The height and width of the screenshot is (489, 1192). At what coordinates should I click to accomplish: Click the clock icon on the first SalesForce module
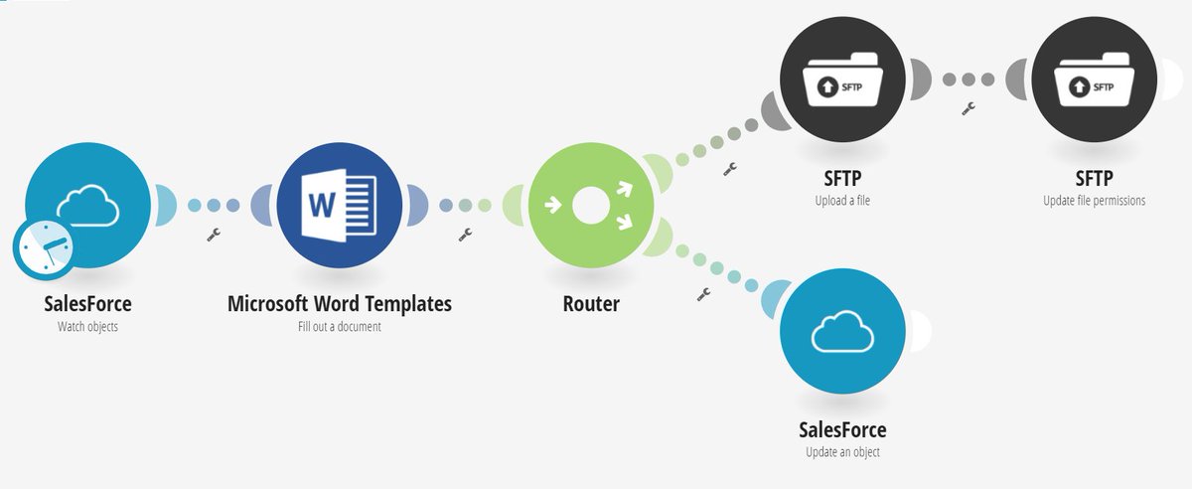(x=43, y=249)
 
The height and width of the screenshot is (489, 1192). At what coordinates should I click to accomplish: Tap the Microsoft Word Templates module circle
(x=340, y=205)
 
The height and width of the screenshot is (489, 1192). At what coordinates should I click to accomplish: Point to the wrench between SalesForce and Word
(x=213, y=236)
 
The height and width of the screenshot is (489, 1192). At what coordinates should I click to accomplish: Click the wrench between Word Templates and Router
(x=464, y=236)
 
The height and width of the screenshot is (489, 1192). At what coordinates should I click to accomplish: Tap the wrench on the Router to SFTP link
(x=731, y=169)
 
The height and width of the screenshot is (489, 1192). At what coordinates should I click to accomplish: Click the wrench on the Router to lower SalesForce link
(x=704, y=294)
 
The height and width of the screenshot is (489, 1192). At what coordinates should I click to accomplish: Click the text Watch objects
(x=87, y=326)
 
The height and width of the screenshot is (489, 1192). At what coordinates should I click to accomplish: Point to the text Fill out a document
(x=339, y=326)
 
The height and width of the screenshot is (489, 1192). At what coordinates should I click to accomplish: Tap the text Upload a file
(x=841, y=200)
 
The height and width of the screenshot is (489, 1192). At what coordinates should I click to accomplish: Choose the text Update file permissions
(x=1094, y=200)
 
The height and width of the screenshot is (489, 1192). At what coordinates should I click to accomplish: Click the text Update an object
(x=842, y=452)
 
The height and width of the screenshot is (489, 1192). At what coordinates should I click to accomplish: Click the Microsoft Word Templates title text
(x=339, y=303)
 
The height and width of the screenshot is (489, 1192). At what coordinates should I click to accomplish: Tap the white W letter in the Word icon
(x=323, y=205)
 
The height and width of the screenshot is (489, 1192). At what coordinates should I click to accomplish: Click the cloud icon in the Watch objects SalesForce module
(x=88, y=207)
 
